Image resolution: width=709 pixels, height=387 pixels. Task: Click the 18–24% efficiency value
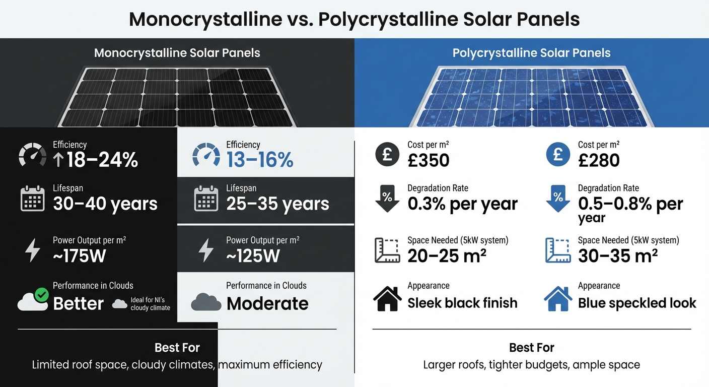pyautogui.click(x=95, y=160)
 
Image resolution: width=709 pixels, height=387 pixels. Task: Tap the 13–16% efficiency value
pyautogui.click(x=260, y=160)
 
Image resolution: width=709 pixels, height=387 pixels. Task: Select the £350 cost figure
pyautogui.click(x=428, y=160)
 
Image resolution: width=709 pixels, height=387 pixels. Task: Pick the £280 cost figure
pyautogui.click(x=599, y=160)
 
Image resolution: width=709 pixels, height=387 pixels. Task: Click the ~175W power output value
pyautogui.click(x=80, y=255)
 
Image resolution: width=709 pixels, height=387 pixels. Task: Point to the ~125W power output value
pyautogui.click(x=253, y=255)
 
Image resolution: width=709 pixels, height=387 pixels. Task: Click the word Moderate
pyautogui.click(x=267, y=303)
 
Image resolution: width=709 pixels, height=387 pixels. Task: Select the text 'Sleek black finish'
pyautogui.click(x=462, y=303)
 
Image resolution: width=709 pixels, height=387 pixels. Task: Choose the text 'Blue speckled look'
pyautogui.click(x=637, y=303)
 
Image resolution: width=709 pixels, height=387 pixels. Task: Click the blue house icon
pyautogui.click(x=558, y=298)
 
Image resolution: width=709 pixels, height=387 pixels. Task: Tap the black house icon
pyautogui.click(x=387, y=298)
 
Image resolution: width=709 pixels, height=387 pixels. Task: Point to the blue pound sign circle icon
pyautogui.click(x=558, y=154)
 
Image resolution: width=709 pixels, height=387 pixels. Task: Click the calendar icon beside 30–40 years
pyautogui.click(x=33, y=199)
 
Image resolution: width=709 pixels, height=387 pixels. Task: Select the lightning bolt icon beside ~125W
pyautogui.click(x=205, y=250)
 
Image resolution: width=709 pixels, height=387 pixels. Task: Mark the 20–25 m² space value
pyautogui.click(x=447, y=255)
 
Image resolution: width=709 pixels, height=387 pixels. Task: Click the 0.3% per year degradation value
pyautogui.click(x=462, y=204)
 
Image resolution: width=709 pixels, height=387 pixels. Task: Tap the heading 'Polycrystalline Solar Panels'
pyautogui.click(x=531, y=53)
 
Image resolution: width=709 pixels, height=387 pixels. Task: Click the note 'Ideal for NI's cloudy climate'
pyautogui.click(x=150, y=304)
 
